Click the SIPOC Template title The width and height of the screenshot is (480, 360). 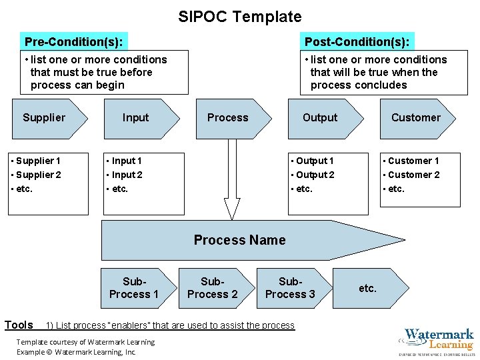pyautogui.click(x=239, y=17)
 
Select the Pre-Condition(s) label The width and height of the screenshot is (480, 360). pyautogui.click(x=73, y=42)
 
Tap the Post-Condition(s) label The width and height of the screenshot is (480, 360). pyautogui.click(x=357, y=42)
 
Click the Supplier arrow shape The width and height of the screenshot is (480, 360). pyautogui.click(x=47, y=118)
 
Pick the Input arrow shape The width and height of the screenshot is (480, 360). pyautogui.click(x=139, y=118)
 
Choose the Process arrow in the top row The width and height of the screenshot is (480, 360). pyautogui.click(x=230, y=118)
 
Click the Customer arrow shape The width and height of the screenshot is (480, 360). pyautogui.click(x=416, y=118)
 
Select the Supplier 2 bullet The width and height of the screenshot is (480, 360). pyautogui.click(x=38, y=175)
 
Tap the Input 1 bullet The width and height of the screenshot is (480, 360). pyautogui.click(x=126, y=161)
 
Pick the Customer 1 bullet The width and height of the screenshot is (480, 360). pyautogui.click(x=413, y=161)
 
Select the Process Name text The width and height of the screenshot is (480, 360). pyautogui.click(x=239, y=240)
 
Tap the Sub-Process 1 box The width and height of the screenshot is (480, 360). pyautogui.click(x=134, y=288)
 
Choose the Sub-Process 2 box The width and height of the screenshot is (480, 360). pyautogui.click(x=212, y=288)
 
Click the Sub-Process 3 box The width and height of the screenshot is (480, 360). pyautogui.click(x=290, y=288)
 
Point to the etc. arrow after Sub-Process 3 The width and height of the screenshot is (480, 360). pyautogui.click(x=369, y=288)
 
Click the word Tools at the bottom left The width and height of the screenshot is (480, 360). pyautogui.click(x=19, y=325)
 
